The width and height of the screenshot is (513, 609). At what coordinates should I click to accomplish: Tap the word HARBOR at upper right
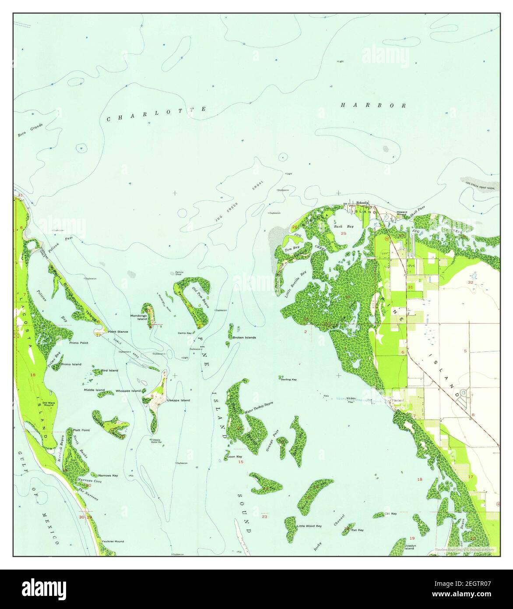pos(374,105)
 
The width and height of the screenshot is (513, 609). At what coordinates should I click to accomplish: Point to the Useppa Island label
pos(178,400)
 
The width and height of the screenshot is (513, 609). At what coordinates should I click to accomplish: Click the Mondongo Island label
pos(138,317)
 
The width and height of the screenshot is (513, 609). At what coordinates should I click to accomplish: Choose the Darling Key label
pos(289,379)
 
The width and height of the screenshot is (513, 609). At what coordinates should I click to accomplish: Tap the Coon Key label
pos(235,457)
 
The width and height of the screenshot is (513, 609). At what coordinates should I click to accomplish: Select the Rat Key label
pos(358,530)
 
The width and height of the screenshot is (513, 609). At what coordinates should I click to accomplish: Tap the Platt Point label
pos(81,430)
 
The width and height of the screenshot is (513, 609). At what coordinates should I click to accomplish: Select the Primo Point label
pos(79,343)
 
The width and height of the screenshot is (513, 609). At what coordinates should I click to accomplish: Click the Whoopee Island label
pos(128,390)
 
